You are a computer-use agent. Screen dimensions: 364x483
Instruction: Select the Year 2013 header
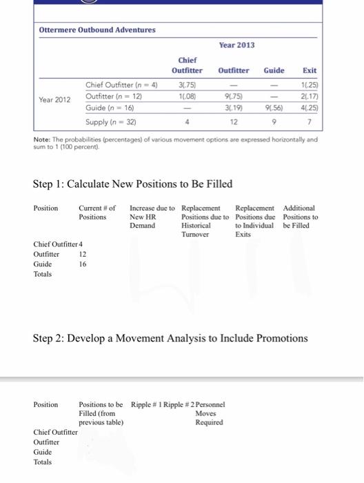pyautogui.click(x=236, y=45)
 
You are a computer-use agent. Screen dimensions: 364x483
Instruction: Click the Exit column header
pyautogui.click(x=310, y=70)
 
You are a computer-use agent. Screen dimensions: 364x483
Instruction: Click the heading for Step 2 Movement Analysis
pyautogui.click(x=170, y=338)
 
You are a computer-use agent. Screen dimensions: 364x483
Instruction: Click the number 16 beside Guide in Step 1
pyautogui.click(x=82, y=264)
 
